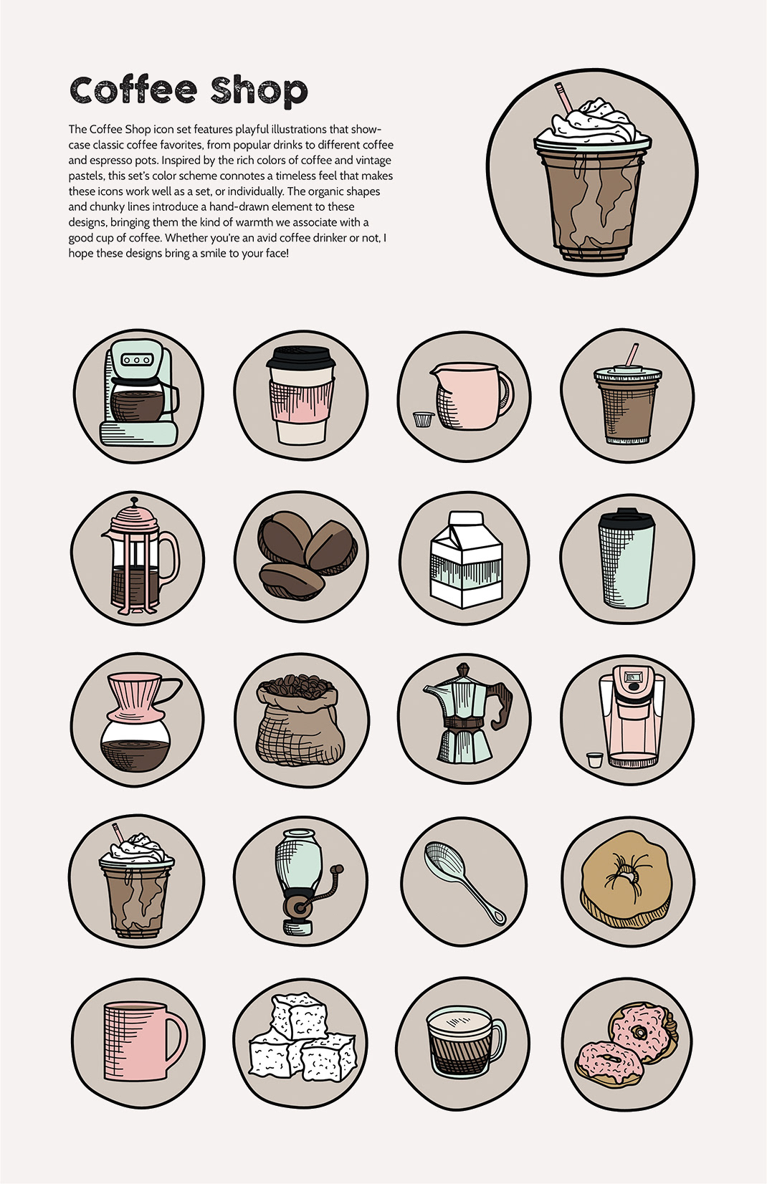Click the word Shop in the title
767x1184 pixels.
(x=259, y=92)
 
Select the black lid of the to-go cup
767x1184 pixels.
(x=301, y=358)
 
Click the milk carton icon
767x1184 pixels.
(x=465, y=560)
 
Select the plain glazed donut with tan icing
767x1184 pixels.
(x=627, y=880)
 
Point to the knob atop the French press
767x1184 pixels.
(x=135, y=500)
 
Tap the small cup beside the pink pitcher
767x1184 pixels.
(x=423, y=419)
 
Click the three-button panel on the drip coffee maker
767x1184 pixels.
(x=137, y=360)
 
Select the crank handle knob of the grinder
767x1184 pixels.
(x=339, y=869)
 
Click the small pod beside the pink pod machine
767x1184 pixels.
(x=595, y=760)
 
